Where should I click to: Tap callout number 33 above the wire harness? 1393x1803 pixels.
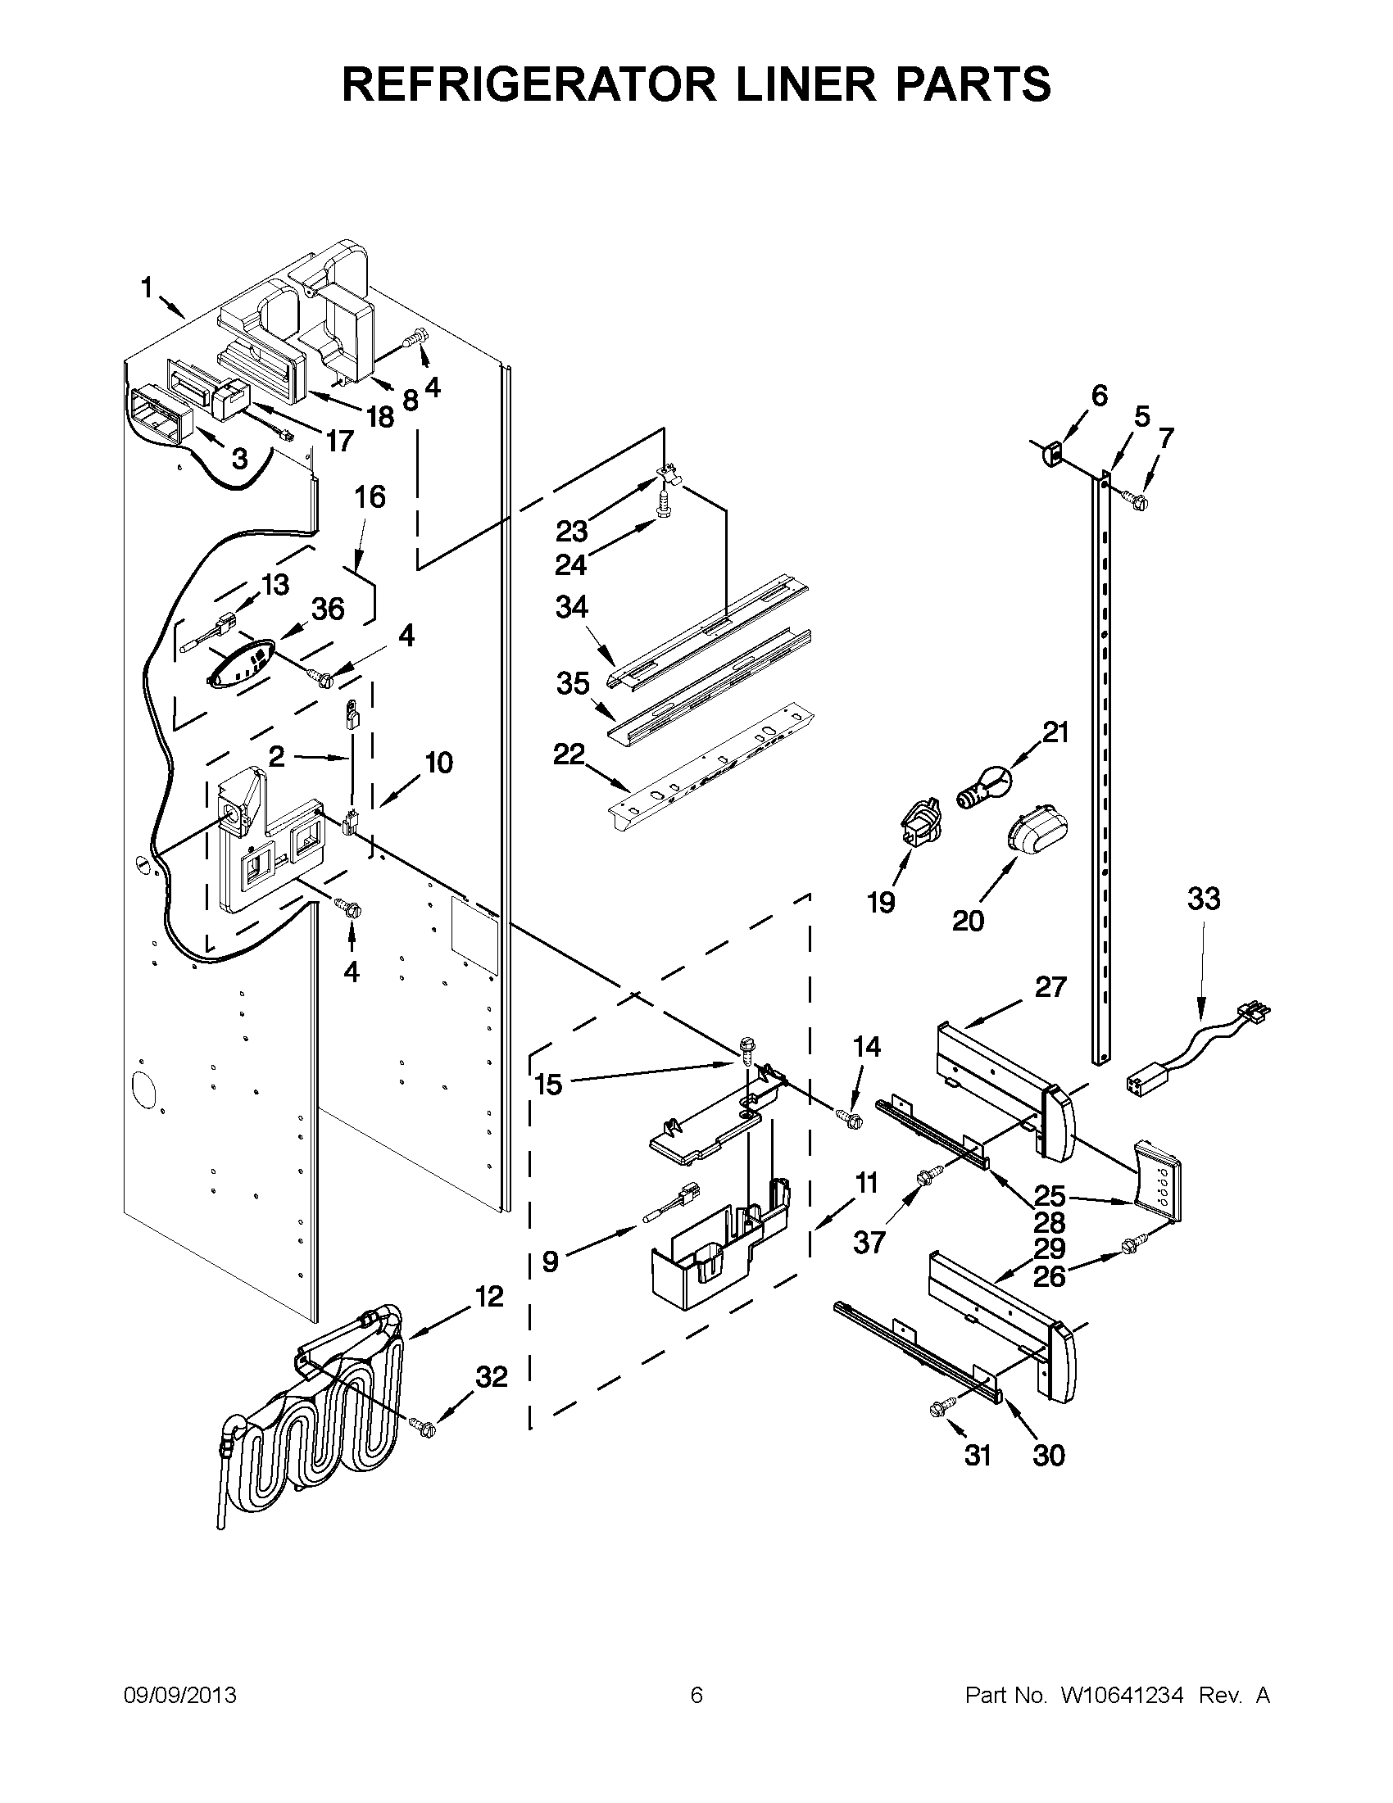coord(1203,898)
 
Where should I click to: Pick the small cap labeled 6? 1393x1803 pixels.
coord(1051,452)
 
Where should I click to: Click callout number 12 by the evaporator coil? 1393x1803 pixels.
coord(489,1296)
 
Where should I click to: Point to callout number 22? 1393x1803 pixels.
coord(569,754)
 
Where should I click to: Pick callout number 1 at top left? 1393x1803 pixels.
coord(147,288)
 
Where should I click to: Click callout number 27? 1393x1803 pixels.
coord(1050,986)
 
